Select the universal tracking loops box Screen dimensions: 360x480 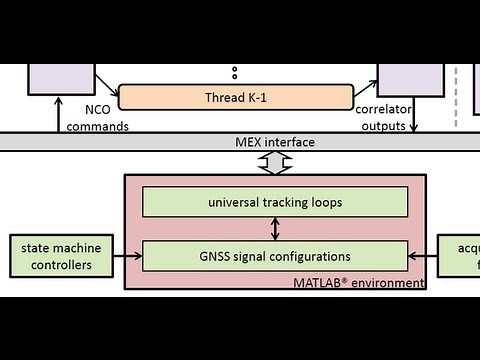coord(275,202)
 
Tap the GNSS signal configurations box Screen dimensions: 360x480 coord(275,256)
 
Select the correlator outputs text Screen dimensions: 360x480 coord(380,118)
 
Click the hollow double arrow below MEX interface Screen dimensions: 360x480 coord(274,163)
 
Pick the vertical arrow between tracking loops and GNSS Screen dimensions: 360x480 coord(275,229)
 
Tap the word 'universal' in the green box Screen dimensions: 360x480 coord(235,202)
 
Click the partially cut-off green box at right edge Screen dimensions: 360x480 coord(461,256)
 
